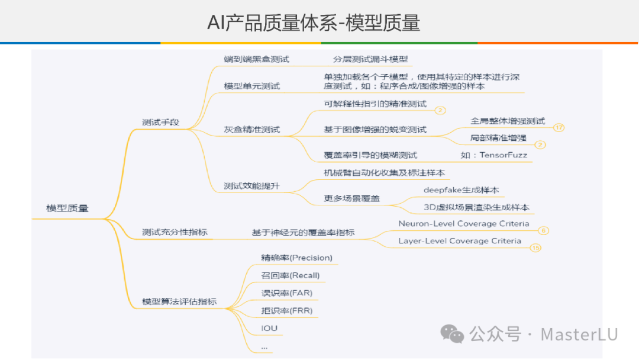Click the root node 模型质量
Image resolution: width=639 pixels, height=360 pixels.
[67, 208]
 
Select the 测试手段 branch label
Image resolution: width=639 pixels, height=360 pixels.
[160, 123]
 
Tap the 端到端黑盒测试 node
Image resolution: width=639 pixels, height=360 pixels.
[256, 59]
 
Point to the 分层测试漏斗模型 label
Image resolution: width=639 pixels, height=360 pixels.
[370, 59]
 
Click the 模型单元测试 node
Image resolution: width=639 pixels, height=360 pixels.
[252, 86]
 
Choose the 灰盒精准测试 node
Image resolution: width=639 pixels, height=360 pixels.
[252, 129]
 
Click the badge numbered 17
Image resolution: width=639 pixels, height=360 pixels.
[559, 127]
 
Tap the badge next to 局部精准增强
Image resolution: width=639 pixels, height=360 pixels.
[540, 144]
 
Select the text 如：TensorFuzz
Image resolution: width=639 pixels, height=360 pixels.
[493, 155]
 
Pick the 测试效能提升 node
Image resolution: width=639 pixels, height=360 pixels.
[252, 186]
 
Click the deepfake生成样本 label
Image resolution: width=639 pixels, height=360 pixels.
[461, 190]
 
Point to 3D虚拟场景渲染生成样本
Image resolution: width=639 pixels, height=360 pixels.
[476, 208]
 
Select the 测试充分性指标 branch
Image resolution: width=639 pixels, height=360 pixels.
[175, 232]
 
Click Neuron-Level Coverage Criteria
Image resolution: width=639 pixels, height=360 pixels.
[464, 224]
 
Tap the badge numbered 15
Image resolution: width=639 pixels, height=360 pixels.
[536, 248]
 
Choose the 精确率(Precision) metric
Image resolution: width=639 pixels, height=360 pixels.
[296, 258]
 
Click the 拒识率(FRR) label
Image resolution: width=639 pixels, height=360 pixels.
[287, 310]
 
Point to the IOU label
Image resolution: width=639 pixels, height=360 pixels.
[269, 328]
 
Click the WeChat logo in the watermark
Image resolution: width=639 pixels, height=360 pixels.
[454, 335]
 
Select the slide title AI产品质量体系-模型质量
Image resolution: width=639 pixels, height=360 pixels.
[314, 22]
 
